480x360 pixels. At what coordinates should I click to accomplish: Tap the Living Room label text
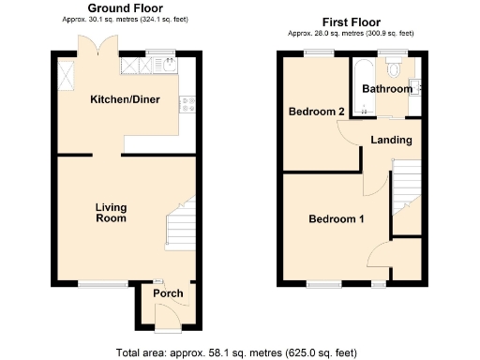point(111,213)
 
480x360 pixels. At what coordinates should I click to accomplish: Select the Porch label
point(168,293)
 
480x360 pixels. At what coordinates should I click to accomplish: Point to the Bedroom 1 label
point(337,219)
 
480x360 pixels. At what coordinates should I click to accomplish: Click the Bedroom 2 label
point(316,112)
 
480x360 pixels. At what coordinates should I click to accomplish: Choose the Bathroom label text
point(386,89)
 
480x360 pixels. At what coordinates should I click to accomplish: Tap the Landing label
point(391,140)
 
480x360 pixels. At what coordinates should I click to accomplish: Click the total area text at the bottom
point(236,352)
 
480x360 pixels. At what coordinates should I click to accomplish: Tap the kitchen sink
point(167,66)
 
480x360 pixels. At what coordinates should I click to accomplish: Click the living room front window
point(96,283)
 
